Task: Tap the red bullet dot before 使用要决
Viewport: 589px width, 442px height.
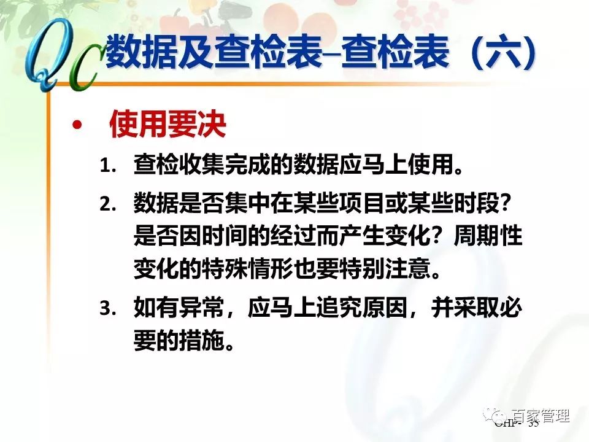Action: point(77,126)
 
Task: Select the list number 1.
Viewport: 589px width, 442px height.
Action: point(109,166)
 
